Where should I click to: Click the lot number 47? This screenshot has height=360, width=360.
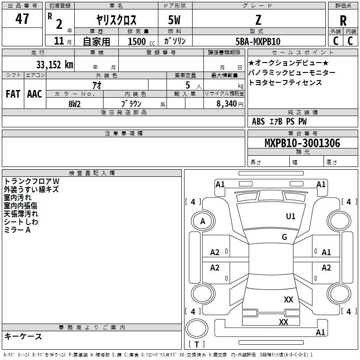coord(22,19)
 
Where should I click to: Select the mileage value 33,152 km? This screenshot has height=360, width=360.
coord(55,65)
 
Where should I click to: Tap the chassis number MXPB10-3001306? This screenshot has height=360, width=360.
coord(302,143)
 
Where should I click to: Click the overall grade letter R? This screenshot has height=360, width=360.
coord(343,21)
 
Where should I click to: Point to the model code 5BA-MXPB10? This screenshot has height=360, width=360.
coord(258,41)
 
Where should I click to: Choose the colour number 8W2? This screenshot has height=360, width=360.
coord(75,104)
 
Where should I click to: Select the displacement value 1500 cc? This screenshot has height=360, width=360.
coord(141,41)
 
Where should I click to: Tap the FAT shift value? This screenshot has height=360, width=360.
coord(13,94)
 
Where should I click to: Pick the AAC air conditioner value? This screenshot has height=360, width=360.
coord(35,94)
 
